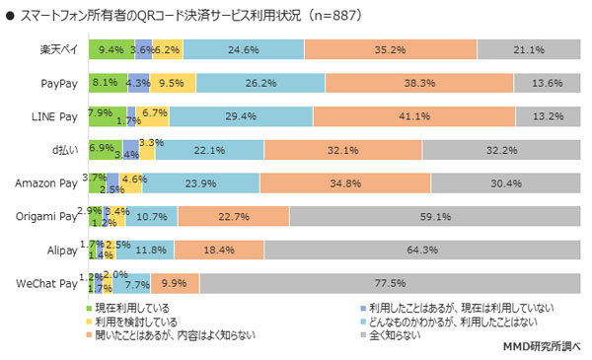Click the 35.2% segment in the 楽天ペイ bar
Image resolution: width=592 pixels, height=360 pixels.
(x=391, y=49)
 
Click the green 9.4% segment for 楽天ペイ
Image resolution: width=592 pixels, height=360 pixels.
(x=110, y=49)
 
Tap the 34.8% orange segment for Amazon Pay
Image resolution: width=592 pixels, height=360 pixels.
(x=345, y=182)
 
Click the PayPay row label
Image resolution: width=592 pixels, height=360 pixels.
(x=59, y=83)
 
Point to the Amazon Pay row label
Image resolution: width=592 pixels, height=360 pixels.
(x=47, y=183)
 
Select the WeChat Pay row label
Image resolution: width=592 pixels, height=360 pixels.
(x=47, y=284)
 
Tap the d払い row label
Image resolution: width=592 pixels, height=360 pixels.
(x=65, y=150)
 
